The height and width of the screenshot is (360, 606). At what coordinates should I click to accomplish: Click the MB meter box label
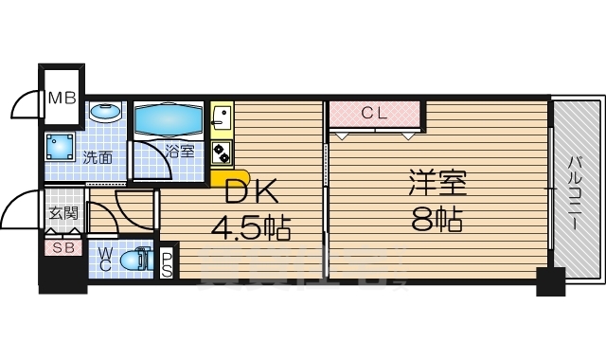tap(62, 96)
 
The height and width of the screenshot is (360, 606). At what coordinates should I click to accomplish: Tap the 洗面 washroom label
tap(97, 158)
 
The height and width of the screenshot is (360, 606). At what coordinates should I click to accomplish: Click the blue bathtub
tap(169, 120)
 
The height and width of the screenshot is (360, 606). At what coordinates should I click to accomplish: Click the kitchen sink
tap(222, 117)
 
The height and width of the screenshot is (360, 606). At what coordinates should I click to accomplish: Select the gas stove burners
tap(222, 153)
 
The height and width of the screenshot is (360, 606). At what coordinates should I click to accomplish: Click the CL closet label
tap(375, 114)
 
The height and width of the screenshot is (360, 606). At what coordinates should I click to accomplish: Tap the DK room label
tap(251, 193)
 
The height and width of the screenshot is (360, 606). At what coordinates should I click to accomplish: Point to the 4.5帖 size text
tap(251, 228)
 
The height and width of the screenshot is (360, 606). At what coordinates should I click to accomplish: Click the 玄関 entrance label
tap(63, 215)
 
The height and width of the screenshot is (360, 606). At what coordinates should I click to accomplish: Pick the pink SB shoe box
tap(63, 247)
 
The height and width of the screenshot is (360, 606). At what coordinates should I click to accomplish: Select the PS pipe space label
tap(167, 264)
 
